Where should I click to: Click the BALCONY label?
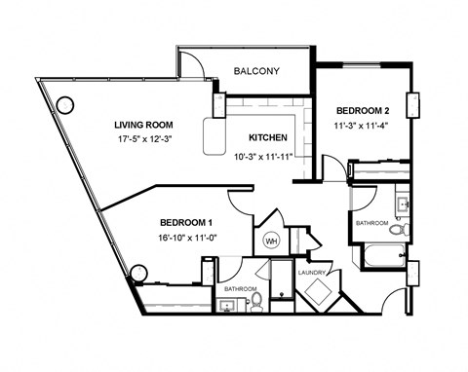[257, 71]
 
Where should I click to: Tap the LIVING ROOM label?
[145, 125]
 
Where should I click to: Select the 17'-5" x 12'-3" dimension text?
[146, 139]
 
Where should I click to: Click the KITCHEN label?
[268, 137]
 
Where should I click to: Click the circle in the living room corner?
[65, 104]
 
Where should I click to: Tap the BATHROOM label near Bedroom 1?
[240, 289]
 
